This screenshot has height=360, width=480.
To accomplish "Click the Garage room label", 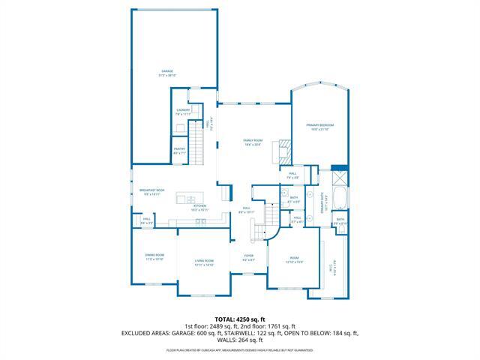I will pos(166,73).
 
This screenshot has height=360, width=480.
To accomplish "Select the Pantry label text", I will pos(179,150).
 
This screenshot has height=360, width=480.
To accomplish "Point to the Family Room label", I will pos(252,142).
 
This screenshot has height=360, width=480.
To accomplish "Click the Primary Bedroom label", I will pos(319,126).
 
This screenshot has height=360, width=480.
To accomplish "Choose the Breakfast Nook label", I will pos(151,192).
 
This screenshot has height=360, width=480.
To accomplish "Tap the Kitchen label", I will pos(199,208).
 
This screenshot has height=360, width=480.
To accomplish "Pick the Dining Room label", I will pos(154,256).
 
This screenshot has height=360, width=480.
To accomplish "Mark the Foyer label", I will pos(248,257).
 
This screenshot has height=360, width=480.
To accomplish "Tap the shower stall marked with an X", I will pos(338,178).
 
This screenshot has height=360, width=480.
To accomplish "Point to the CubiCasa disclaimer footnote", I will pos(239,350).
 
